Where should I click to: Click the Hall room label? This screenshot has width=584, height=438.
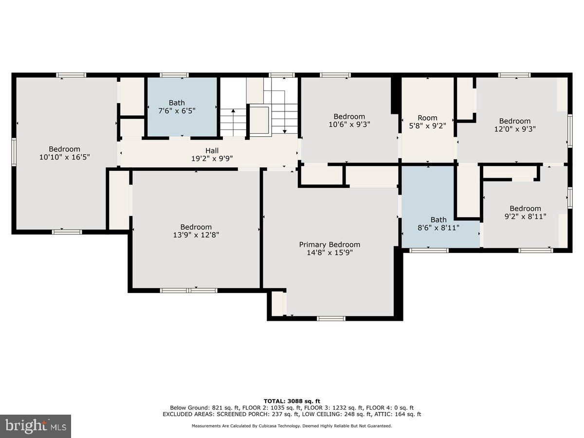point(212,151)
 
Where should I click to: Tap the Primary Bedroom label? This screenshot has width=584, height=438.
point(329,245)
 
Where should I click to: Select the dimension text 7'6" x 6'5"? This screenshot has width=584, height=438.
point(177,110)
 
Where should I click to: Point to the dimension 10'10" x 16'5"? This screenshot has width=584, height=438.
point(65,157)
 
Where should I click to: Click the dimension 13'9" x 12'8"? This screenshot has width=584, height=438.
point(196,235)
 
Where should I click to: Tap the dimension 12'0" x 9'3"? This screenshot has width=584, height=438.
point(515,129)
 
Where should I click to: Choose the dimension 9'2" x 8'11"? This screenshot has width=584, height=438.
point(525,217)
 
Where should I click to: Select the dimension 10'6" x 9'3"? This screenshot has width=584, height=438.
point(349,124)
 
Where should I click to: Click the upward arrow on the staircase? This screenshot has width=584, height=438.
point(233,122)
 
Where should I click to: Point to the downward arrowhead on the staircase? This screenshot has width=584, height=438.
point(285,131)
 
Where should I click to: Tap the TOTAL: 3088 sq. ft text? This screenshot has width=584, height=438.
point(292,401)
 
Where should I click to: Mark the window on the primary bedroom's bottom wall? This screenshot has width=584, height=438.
point(331,319)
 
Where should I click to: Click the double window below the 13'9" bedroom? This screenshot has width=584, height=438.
point(189,291)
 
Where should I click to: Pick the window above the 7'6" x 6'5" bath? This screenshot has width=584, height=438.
point(174,75)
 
